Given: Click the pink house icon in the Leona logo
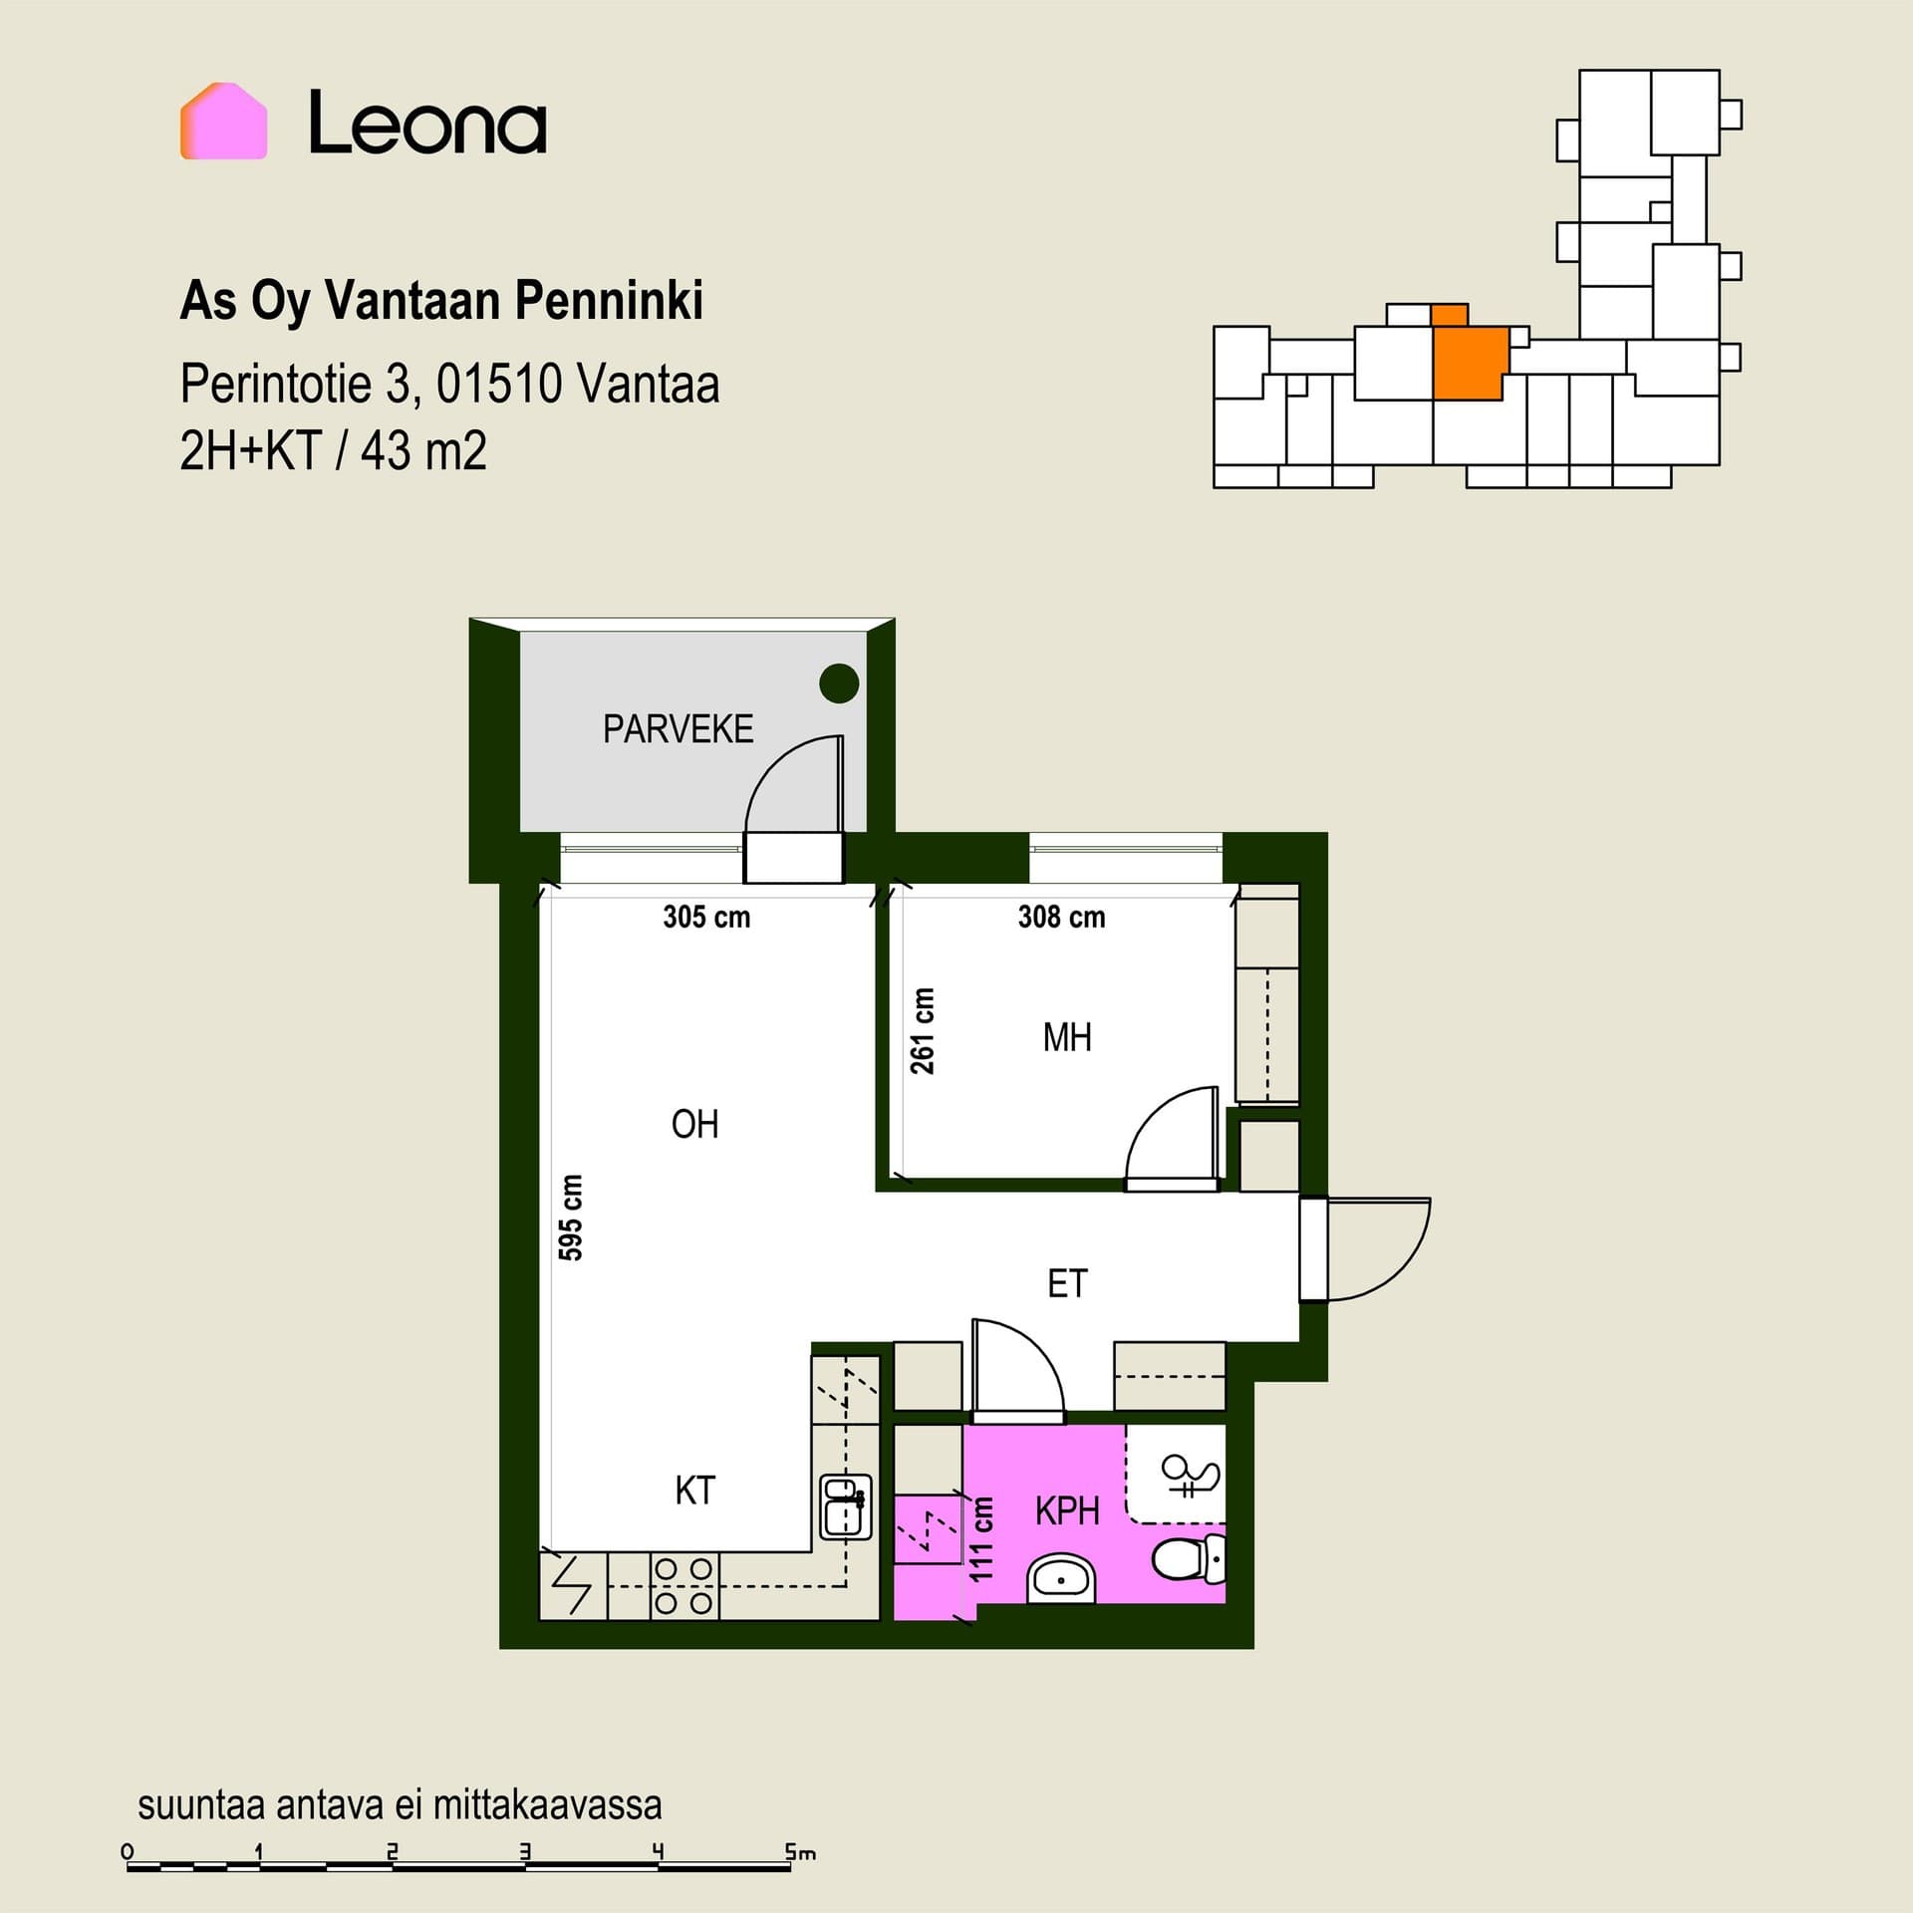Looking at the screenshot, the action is (x=223, y=121).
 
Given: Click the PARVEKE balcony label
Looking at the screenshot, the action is (x=678, y=729).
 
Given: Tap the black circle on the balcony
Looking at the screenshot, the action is (x=839, y=683).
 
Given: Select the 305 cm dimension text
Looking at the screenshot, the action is (x=706, y=917).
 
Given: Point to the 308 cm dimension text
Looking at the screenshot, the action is (x=1061, y=917).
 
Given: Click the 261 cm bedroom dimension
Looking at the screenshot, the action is (x=923, y=1031).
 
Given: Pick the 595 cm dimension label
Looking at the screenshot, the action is (x=570, y=1218).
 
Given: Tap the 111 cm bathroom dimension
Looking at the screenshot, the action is (x=981, y=1539).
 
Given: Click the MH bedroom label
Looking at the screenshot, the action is (x=1067, y=1038).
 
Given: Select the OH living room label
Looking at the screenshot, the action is (x=694, y=1125).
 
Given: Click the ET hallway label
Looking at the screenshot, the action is (x=1067, y=1283).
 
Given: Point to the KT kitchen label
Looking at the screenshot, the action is (x=694, y=1491).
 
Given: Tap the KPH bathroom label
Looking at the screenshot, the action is (x=1067, y=1511).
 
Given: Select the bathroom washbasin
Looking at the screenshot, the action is (x=1061, y=1578).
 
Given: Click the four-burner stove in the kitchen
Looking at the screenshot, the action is (x=684, y=1586).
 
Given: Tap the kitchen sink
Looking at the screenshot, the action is (x=845, y=1506).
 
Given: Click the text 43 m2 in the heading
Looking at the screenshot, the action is (x=423, y=451).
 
